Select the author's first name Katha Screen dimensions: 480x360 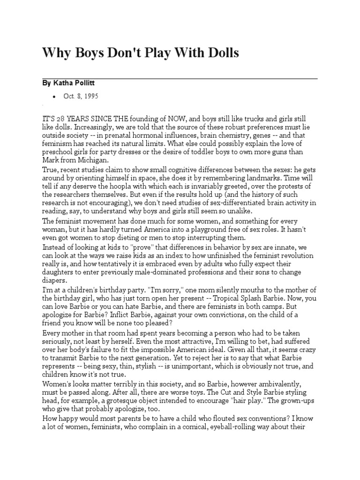point(68,82)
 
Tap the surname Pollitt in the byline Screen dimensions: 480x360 point(95,82)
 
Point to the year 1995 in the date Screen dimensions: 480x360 point(90,96)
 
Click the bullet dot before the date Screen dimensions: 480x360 point(54,96)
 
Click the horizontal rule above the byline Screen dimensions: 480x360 point(180,78)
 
